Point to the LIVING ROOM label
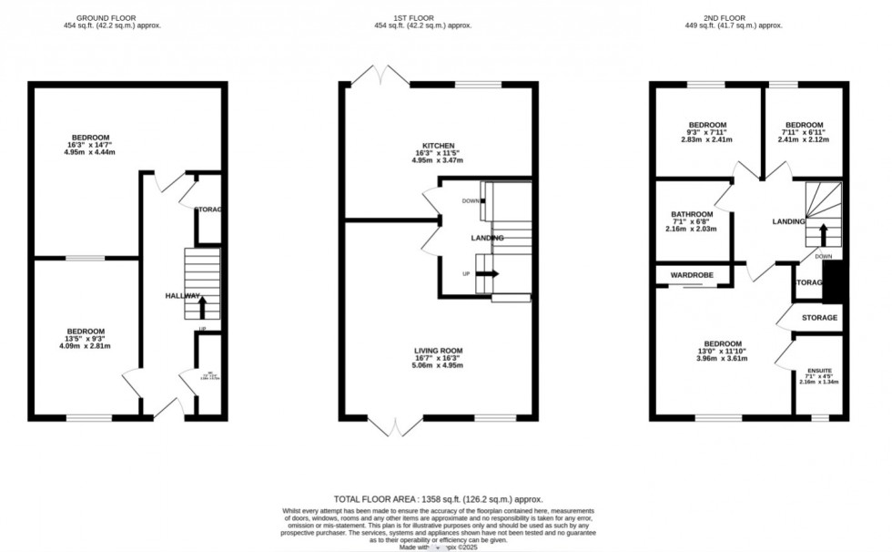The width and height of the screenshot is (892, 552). [439, 349]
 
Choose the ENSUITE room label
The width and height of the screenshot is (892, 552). [819, 371]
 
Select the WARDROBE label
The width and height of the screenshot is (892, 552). [692, 274]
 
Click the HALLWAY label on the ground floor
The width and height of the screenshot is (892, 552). [182, 296]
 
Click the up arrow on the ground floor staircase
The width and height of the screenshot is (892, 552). [202, 306]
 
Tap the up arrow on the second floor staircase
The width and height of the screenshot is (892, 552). [825, 235]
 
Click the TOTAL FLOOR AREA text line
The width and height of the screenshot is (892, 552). [438, 499]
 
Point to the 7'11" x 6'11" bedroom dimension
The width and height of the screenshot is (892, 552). [805, 133]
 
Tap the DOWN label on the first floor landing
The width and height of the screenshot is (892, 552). [470, 201]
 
